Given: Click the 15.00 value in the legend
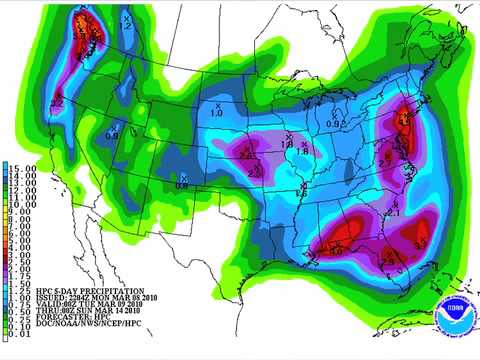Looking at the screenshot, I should pyautogui.click(x=22, y=167).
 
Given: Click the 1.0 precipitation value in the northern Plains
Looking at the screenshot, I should pyautogui.click(x=216, y=113).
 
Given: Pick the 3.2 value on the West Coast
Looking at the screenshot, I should pyautogui.click(x=57, y=102).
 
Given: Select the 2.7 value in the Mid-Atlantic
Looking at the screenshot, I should pyautogui.click(x=384, y=161).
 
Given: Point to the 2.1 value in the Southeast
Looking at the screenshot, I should pyautogui.click(x=393, y=213).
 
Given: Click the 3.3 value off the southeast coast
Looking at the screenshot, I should pyautogui.click(x=421, y=241).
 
